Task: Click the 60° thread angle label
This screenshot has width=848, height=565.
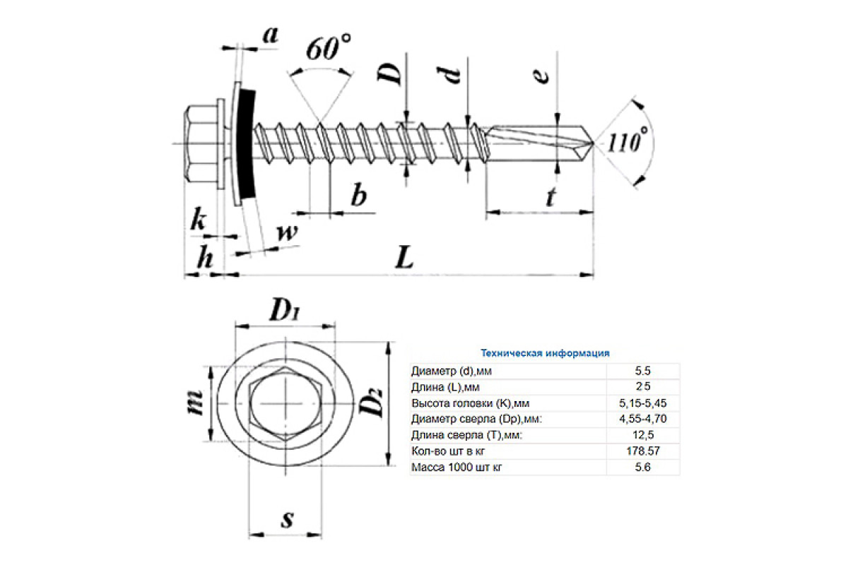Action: tap(329, 49)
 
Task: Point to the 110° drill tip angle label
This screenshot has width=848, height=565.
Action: tap(628, 141)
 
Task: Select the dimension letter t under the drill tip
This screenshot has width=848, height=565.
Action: tap(550, 198)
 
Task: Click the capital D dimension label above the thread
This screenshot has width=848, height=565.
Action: tap(391, 71)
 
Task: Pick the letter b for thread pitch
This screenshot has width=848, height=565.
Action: tap(359, 196)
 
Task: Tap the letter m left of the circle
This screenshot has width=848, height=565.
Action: tap(197, 404)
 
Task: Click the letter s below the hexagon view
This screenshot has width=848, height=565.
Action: tap(287, 520)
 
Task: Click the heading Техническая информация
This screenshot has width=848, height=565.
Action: tap(545, 352)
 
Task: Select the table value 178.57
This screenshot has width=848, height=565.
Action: tap(642, 450)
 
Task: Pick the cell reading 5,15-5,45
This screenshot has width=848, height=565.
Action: tap(642, 403)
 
